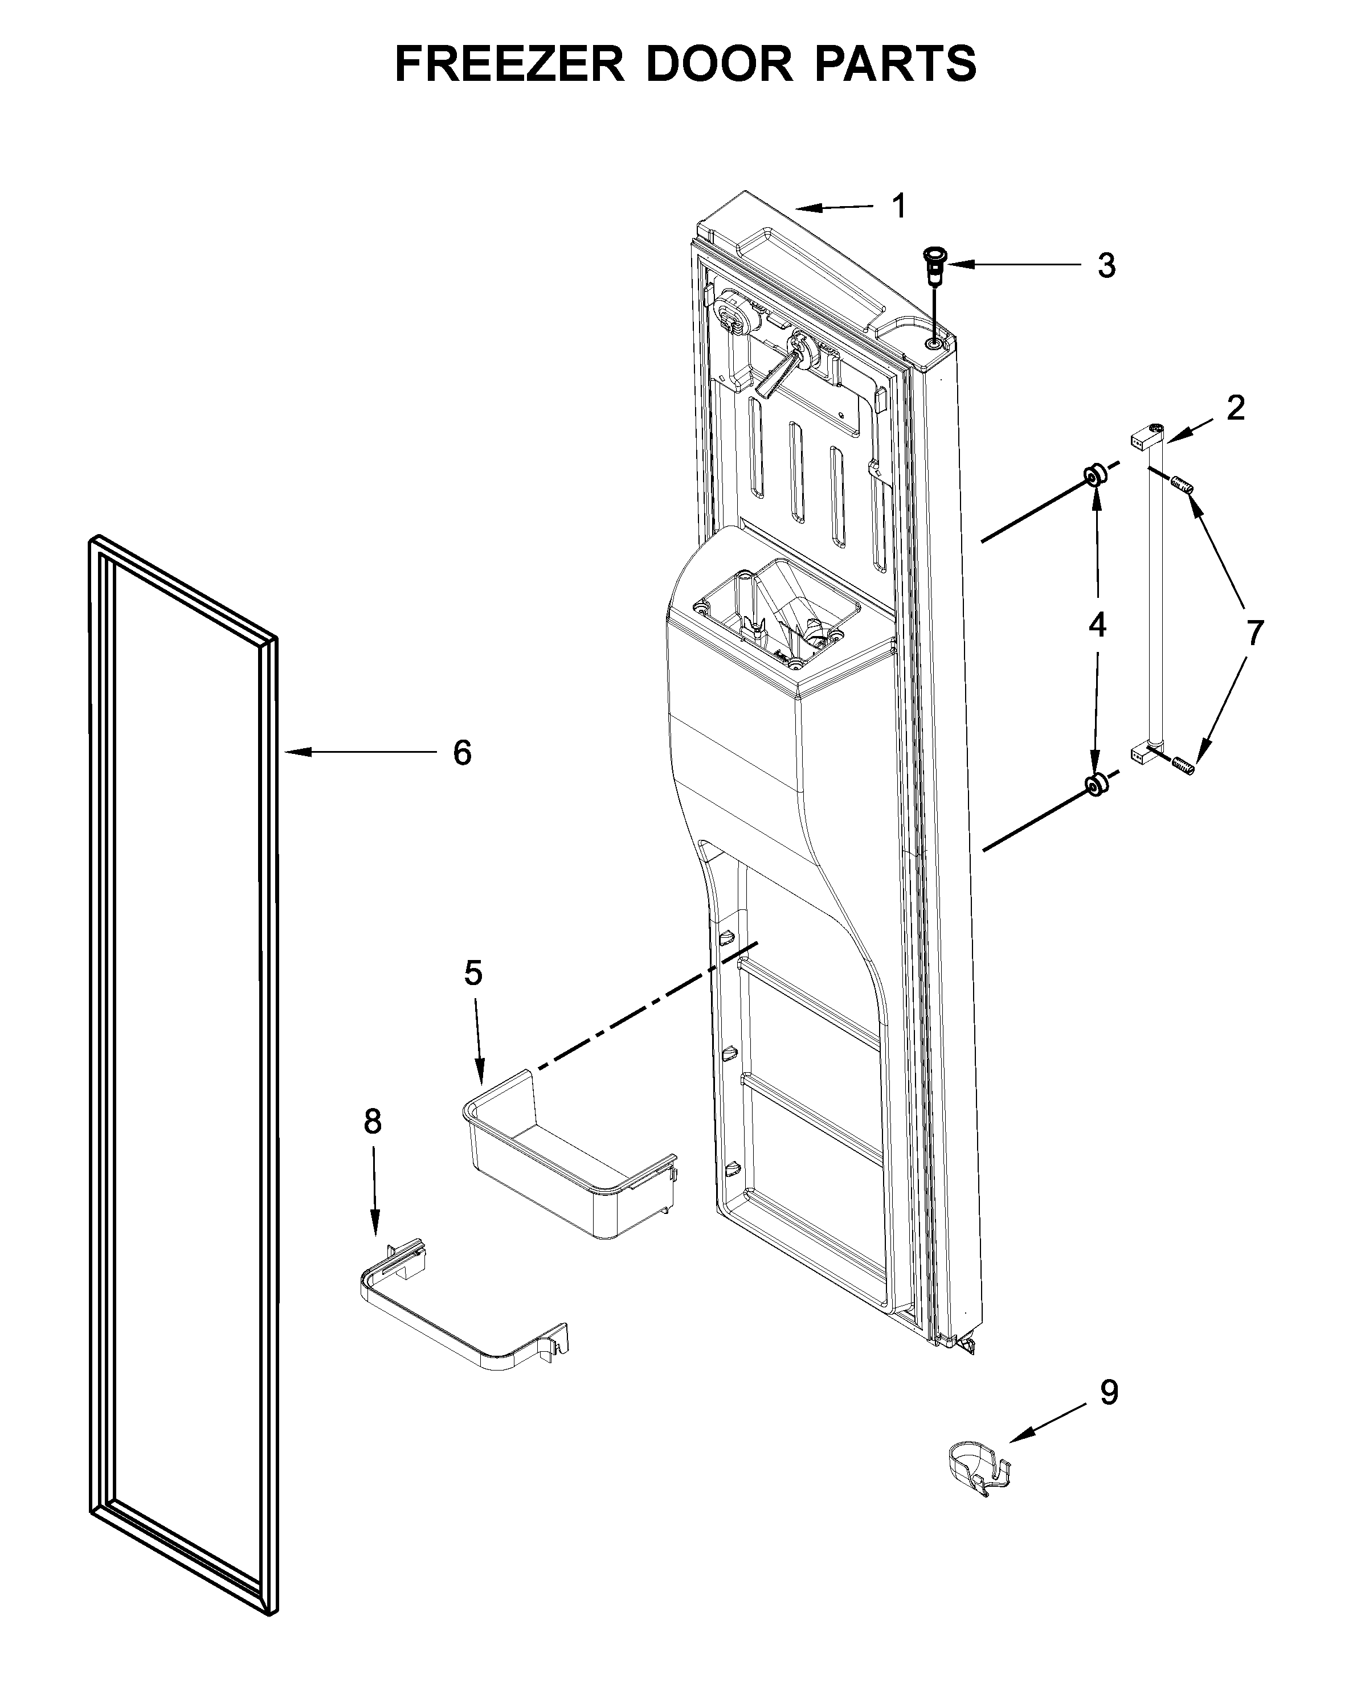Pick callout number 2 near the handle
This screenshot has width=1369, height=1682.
pyautogui.click(x=1235, y=408)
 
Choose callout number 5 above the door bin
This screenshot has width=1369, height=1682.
pyautogui.click(x=472, y=974)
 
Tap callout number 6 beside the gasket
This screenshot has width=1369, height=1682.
pyautogui.click(x=462, y=753)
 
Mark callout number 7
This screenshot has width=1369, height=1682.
pyautogui.click(x=1254, y=632)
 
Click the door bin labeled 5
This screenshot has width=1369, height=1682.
pyautogui.click(x=568, y=1158)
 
